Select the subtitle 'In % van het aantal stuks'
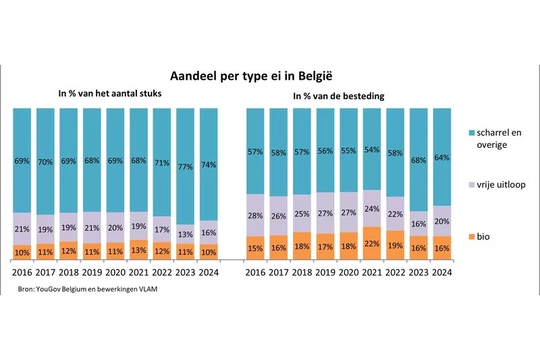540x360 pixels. [x=110, y=94]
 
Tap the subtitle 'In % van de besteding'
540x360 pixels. [x=338, y=97]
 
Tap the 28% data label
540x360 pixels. [x=255, y=215]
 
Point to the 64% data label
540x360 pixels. [x=441, y=157]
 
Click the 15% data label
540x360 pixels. [x=255, y=249]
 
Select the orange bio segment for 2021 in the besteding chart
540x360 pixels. [x=371, y=243]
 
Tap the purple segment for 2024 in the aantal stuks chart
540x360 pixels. [x=209, y=232]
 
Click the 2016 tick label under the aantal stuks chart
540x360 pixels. [x=22, y=273]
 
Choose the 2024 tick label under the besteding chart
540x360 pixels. [x=441, y=273]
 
